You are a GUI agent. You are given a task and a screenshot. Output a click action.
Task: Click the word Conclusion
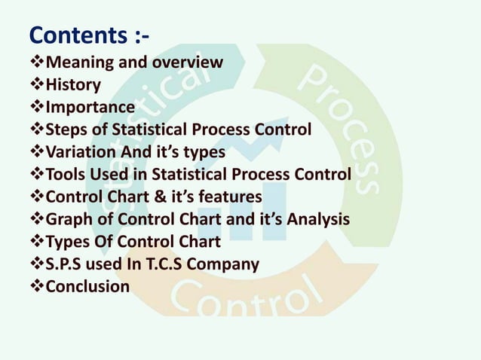[87, 287]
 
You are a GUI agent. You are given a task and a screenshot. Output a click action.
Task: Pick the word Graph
[69, 220]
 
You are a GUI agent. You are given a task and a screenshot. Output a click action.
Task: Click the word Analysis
[318, 220]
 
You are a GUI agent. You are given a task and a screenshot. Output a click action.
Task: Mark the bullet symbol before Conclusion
[37, 287]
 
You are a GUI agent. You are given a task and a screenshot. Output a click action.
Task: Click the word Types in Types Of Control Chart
[68, 243]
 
